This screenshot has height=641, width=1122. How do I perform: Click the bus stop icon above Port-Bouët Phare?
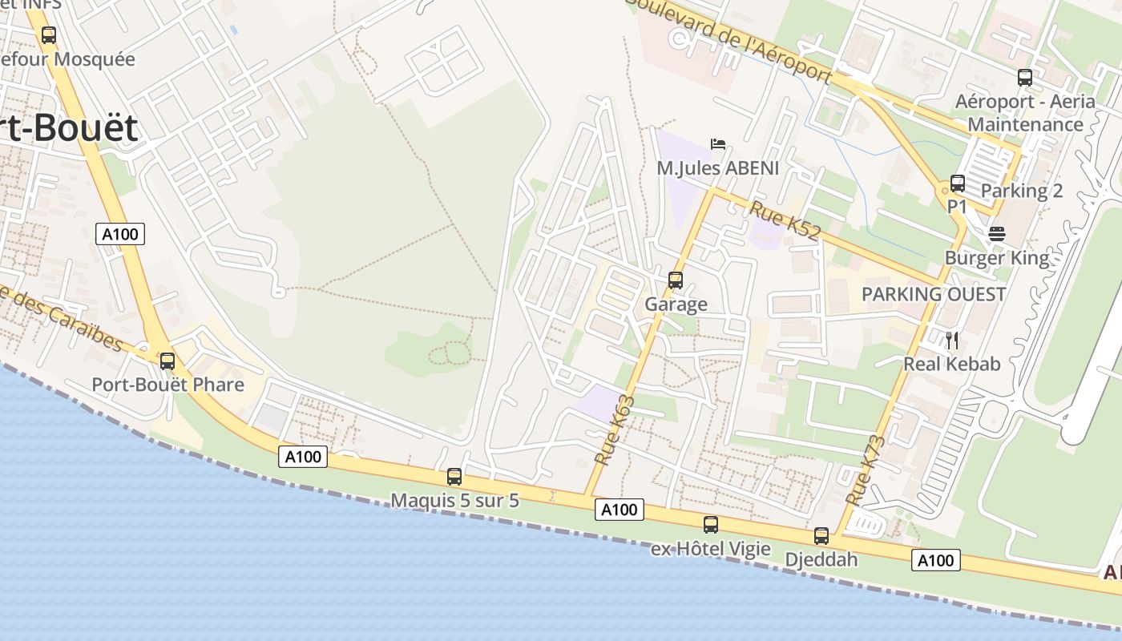(167, 361)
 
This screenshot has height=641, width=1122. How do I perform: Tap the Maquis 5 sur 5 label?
(454, 501)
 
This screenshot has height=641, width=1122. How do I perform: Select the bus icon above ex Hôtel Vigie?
(711, 525)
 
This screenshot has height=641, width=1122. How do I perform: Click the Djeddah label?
(821, 559)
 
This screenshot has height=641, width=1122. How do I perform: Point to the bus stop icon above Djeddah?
(821, 536)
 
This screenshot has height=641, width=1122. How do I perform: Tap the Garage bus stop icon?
(676, 280)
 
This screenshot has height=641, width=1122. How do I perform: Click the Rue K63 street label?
(615, 430)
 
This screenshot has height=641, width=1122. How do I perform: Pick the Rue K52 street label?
(785, 221)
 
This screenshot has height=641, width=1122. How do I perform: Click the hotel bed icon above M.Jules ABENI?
(718, 144)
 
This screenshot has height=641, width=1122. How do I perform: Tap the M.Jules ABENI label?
(717, 168)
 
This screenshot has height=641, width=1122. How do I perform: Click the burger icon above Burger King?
(997, 234)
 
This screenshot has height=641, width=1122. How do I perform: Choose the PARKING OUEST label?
(934, 294)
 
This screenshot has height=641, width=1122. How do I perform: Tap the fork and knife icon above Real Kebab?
(952, 341)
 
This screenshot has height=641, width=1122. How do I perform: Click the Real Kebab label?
(952, 364)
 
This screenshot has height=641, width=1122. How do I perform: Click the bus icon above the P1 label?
(958, 183)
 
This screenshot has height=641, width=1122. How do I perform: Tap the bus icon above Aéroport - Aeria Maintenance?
(1025, 78)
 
